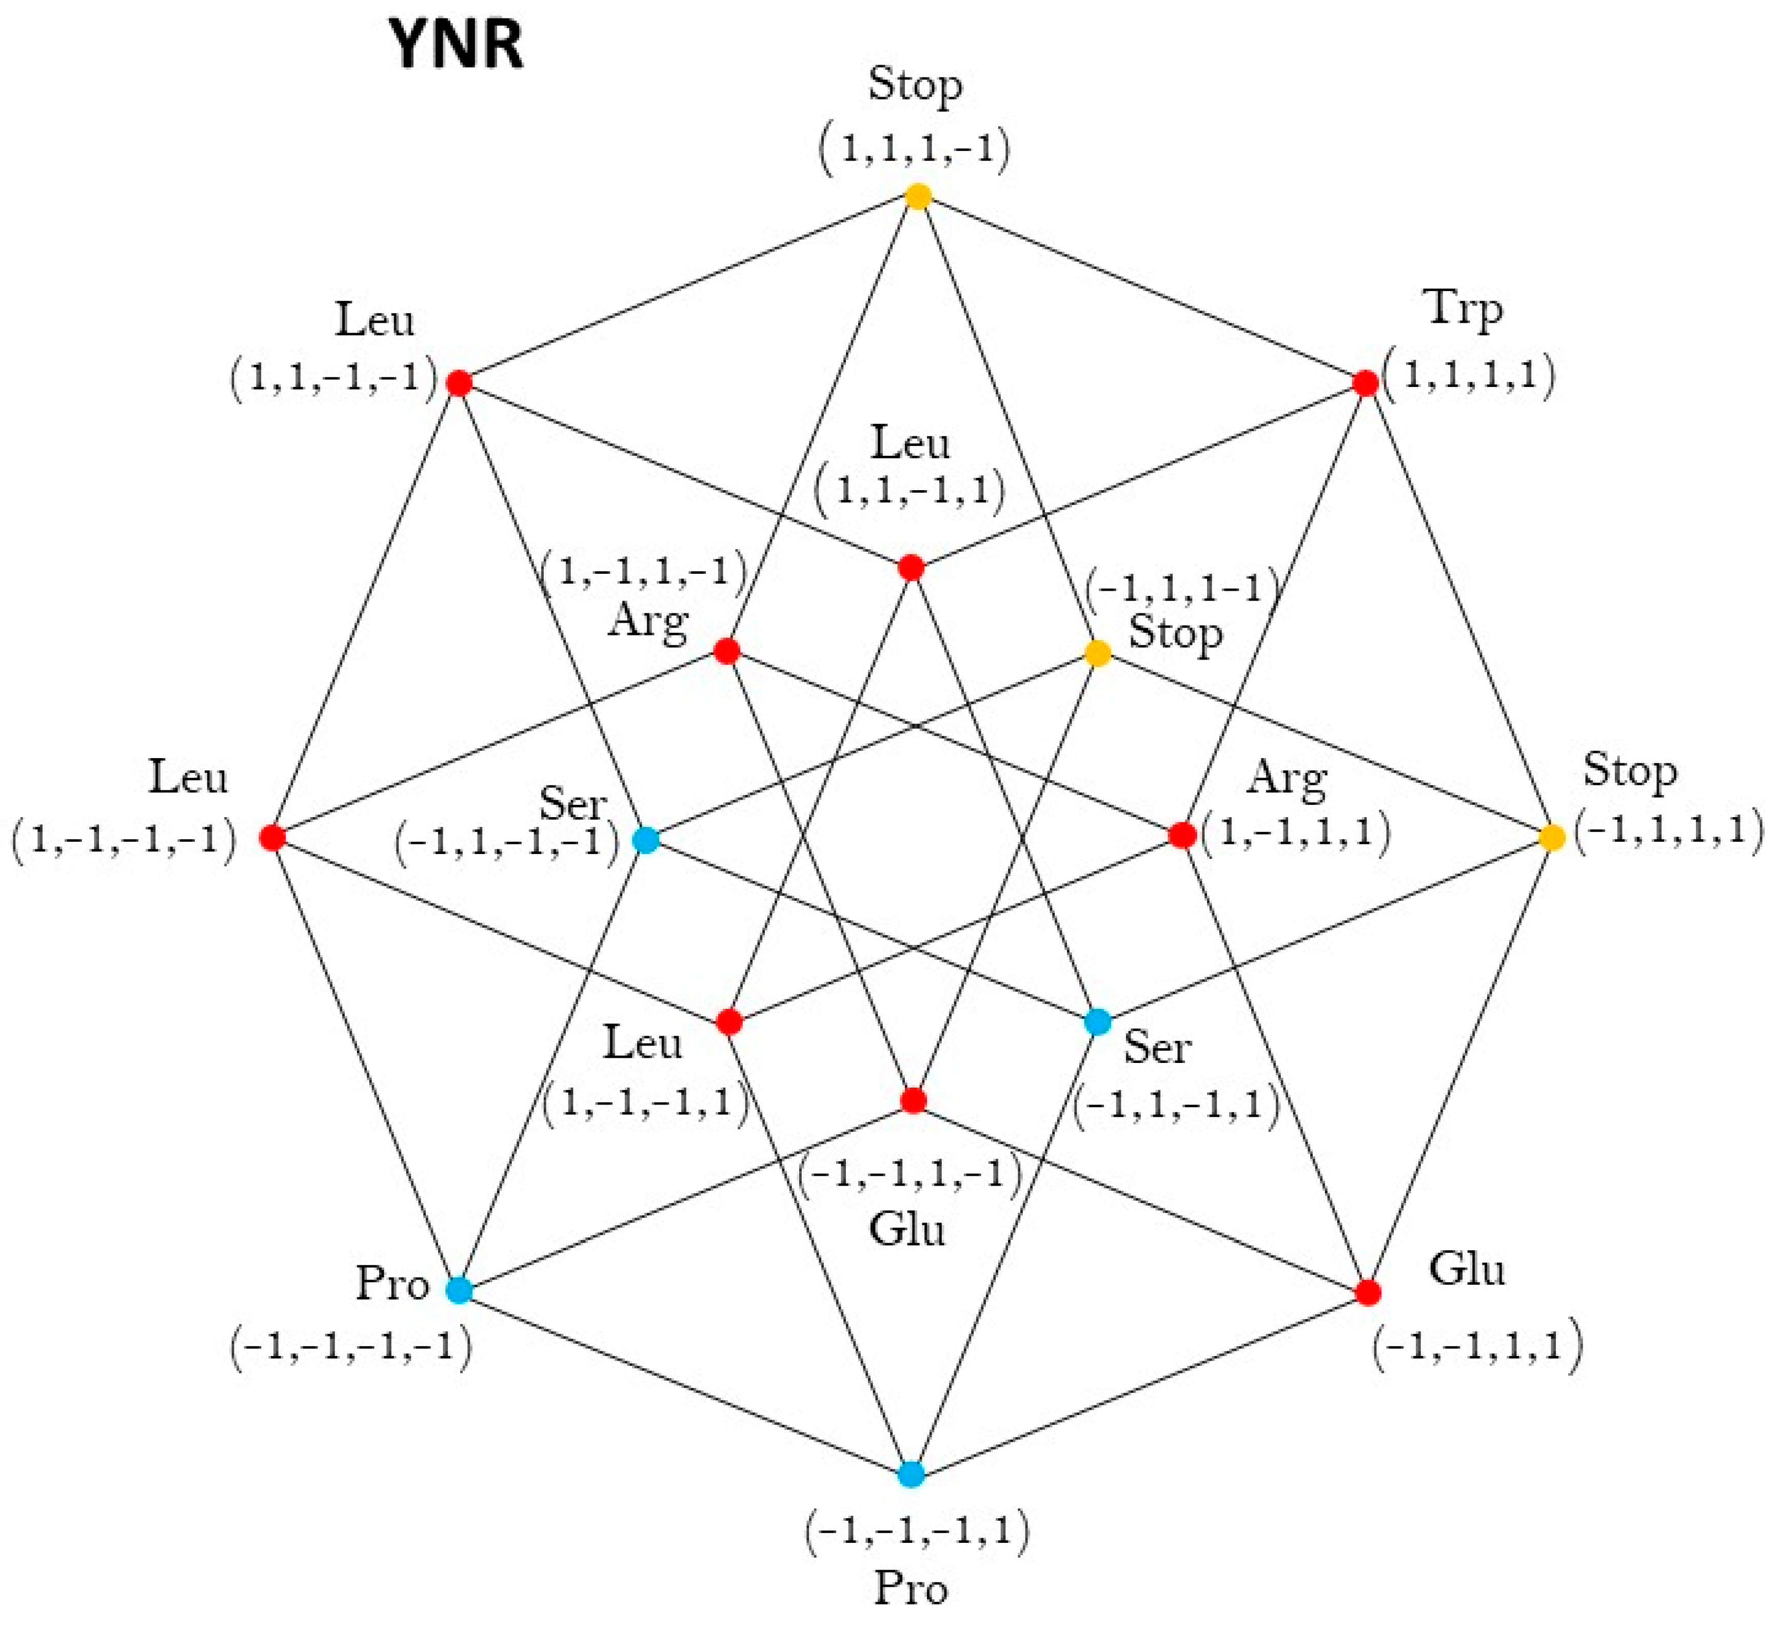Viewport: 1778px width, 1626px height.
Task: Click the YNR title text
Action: point(457,45)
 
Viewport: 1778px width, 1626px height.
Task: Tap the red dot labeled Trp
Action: point(1365,383)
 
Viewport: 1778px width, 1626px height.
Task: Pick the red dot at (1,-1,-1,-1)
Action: point(272,837)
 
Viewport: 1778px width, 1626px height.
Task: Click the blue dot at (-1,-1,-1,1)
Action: point(911,1474)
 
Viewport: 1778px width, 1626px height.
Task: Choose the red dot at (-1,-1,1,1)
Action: point(1367,1292)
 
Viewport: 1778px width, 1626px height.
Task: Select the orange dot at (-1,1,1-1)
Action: point(1097,654)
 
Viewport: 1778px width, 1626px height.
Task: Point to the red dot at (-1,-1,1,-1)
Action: point(913,1100)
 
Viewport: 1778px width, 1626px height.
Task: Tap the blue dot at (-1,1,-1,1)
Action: point(1097,1022)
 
